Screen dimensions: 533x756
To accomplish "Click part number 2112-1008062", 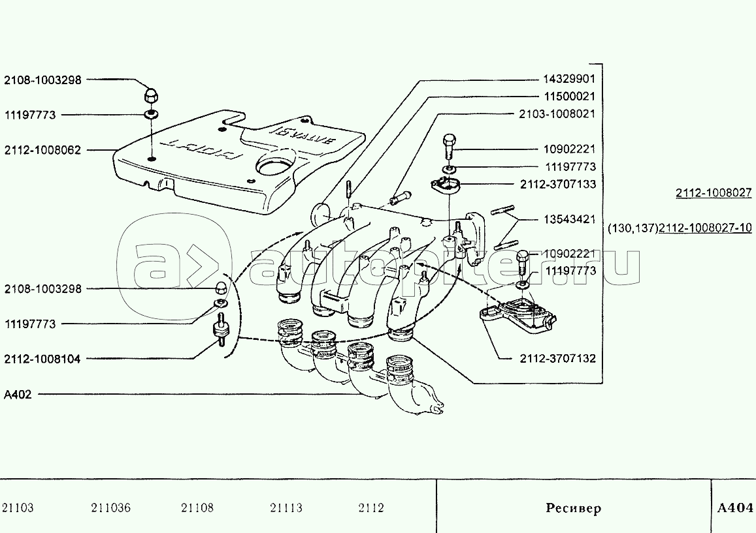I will click(42, 150).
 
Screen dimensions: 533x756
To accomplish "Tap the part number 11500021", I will click(569, 97).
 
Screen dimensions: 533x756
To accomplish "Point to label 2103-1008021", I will click(557, 114).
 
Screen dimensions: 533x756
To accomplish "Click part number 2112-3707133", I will click(558, 185).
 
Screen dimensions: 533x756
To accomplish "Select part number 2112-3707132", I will click(558, 359).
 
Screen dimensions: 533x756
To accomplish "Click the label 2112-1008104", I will click(42, 359).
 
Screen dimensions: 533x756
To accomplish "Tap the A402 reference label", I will click(18, 394).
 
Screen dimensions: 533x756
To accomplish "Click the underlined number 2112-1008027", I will click(714, 193).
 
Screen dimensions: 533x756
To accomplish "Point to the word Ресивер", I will click(573, 508).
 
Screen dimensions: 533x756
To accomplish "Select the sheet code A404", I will click(735, 508).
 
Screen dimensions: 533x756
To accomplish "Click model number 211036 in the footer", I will click(110, 508).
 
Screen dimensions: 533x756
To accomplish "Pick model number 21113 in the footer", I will click(286, 508).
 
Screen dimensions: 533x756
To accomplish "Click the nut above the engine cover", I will click(150, 95).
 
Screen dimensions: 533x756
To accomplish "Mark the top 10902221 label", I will click(569, 149).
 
